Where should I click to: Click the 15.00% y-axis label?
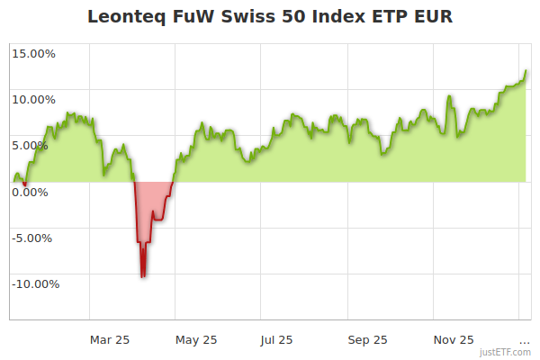[x=34, y=53]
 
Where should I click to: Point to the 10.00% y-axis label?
[x=34, y=99]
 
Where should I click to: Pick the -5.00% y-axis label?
[x=35, y=238]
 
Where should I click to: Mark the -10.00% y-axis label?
[x=35, y=284]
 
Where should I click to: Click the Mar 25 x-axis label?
[x=110, y=339]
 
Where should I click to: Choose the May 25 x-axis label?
[x=197, y=339]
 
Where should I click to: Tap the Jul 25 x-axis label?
[x=277, y=339]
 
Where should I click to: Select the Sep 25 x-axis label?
[x=367, y=339]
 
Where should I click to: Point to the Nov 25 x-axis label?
[x=454, y=339]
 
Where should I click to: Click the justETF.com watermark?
[x=505, y=352]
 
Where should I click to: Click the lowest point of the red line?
[x=142, y=276]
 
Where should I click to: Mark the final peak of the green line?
[x=526, y=71]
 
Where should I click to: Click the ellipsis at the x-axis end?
[x=525, y=339]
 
